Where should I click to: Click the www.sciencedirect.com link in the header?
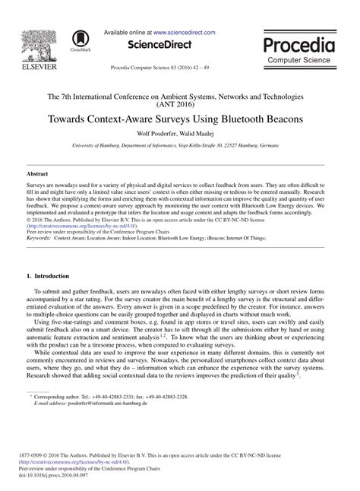pos(184,33)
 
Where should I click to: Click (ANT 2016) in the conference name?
pos(179,106)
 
